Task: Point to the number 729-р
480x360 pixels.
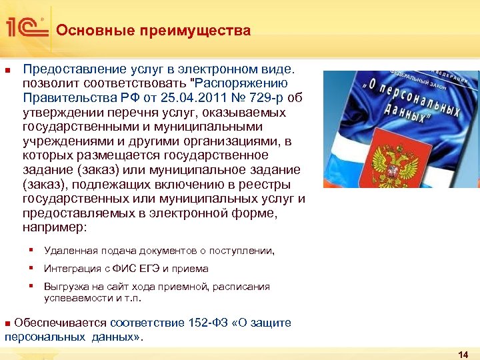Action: (265, 98)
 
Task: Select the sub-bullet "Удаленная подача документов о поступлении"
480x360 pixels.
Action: (159, 251)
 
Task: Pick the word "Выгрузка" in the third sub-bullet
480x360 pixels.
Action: (65, 287)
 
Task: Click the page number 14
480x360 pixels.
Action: (464, 355)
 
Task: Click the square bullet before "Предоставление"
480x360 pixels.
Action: (7, 69)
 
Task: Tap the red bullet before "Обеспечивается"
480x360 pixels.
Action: (8, 323)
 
